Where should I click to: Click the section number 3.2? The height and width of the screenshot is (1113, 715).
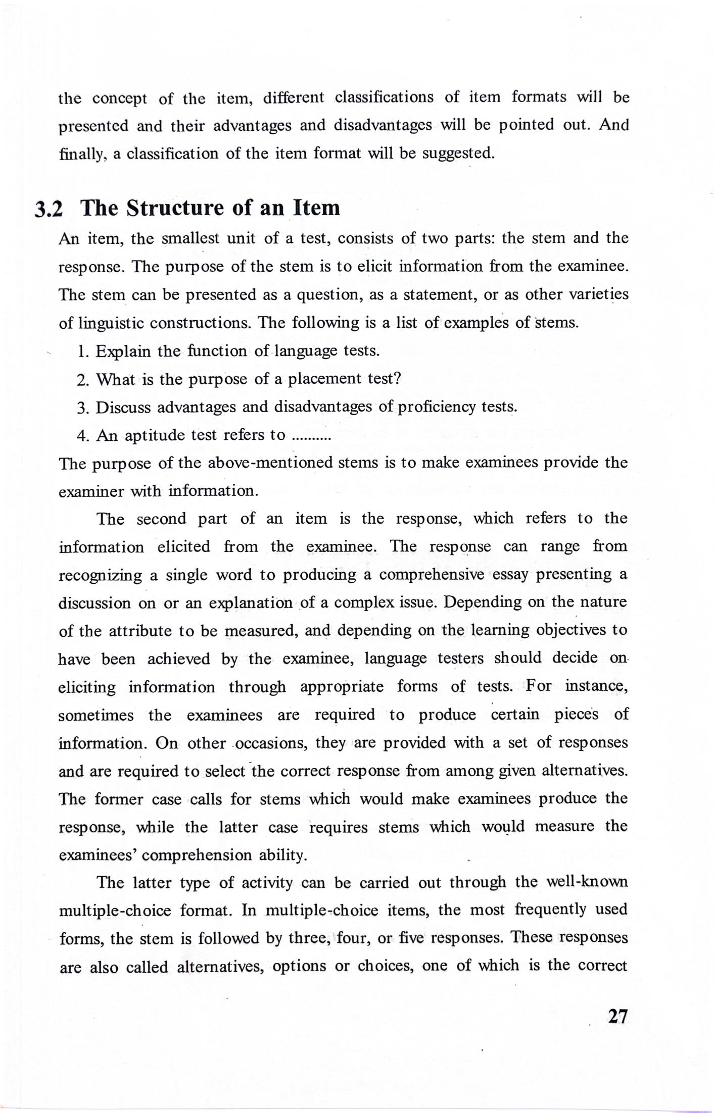click(49, 209)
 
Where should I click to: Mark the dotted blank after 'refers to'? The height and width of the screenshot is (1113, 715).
click(311, 436)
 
